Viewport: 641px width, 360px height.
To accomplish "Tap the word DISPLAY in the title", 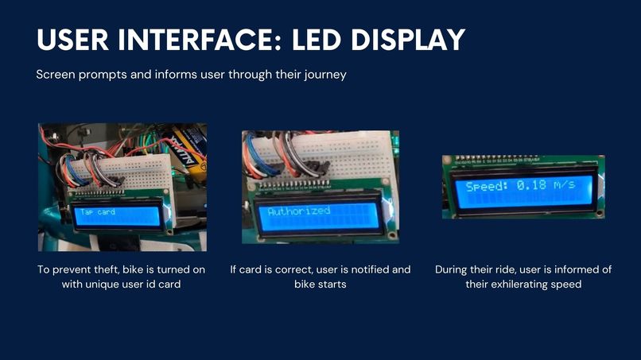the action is [x=408, y=40].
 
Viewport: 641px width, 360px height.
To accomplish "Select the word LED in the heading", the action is [x=316, y=40].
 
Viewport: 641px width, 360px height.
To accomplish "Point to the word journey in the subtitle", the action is [x=325, y=75].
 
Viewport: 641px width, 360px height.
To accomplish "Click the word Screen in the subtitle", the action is [x=56, y=75].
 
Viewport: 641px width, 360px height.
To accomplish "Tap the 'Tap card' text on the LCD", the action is [x=98, y=211].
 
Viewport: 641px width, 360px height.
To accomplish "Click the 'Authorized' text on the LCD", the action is [x=298, y=211].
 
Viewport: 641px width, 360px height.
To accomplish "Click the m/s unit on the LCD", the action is [x=564, y=184].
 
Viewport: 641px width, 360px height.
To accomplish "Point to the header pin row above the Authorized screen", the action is [x=294, y=184].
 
